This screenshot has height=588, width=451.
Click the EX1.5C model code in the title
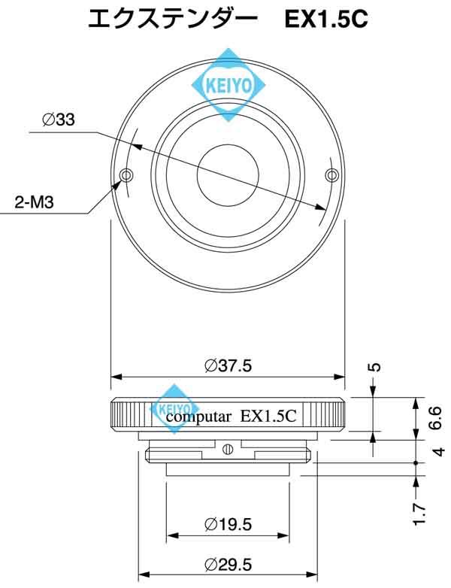pyautogui.click(x=325, y=20)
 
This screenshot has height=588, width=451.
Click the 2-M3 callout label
pyautogui.click(x=34, y=202)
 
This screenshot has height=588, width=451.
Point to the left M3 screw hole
pyautogui.click(x=126, y=175)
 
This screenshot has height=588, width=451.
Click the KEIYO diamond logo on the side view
pyautogui.click(x=174, y=409)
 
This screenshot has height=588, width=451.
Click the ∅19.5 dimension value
pyautogui.click(x=228, y=524)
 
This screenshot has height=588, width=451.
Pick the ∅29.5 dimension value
pyautogui.click(x=228, y=564)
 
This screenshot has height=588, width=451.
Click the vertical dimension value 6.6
pyautogui.click(x=435, y=417)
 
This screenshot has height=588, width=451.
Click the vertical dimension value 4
pyautogui.click(x=439, y=451)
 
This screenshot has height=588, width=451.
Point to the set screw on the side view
pyautogui.click(x=228, y=450)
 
